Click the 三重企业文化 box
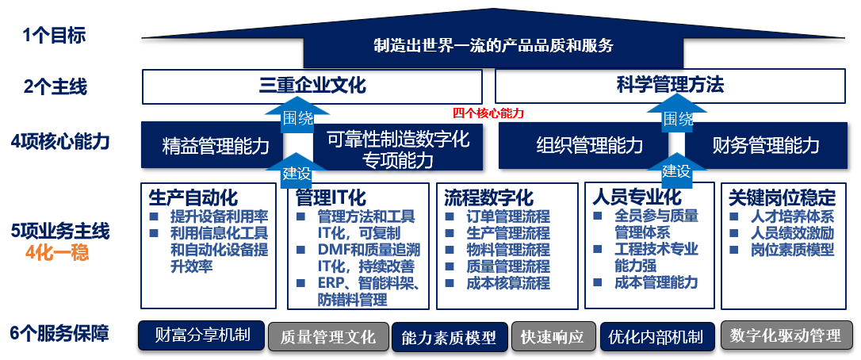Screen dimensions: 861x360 pos(312,86)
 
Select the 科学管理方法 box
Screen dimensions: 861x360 pos(670,86)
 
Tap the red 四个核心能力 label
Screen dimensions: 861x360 pos(488,113)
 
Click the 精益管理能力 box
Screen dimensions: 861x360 pos(212,146)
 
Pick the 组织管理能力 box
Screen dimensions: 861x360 pos(584,146)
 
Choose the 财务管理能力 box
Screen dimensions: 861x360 pos(765,146)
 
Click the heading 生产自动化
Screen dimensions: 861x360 pos(193,197)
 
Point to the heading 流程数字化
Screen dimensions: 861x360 pos(488,197)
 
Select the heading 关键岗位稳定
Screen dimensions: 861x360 pos(782,197)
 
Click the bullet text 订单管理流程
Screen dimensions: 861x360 pos(508,216)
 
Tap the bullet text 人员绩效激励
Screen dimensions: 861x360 pos(792,233)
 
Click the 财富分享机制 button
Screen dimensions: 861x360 pos(201,335)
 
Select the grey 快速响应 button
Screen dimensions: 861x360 pos(553,336)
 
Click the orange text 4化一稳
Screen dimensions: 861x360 pos(57,254)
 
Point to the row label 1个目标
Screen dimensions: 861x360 pos(54,36)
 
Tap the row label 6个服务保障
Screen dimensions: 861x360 pos(59,334)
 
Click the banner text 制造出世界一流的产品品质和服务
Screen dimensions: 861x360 pos(494,46)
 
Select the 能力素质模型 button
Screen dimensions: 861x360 pos(450,336)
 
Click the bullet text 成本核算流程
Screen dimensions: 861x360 pos(508,283)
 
